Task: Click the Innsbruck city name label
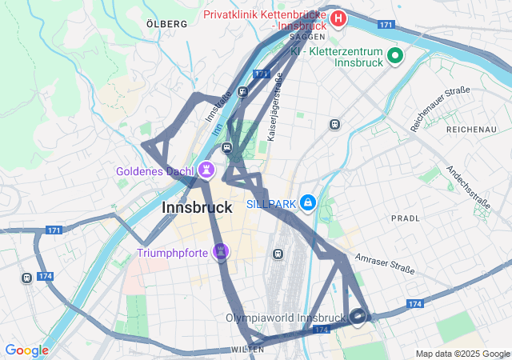coord(197,208)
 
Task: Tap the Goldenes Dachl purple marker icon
coord(206,170)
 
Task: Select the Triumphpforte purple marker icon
coord(221,253)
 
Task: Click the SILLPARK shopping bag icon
coord(308,202)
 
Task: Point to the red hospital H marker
coord(338,18)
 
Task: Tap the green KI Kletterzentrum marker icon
coord(394,56)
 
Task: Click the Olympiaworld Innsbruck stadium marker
coord(358,318)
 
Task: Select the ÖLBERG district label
coord(167,24)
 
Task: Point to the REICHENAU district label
coord(471,129)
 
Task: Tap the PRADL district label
coord(406,218)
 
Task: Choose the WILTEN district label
coord(247,350)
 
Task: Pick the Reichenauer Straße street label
coord(439,109)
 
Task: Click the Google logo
coord(26,350)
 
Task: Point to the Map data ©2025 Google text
coord(462,354)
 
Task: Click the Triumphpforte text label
coord(172,254)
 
